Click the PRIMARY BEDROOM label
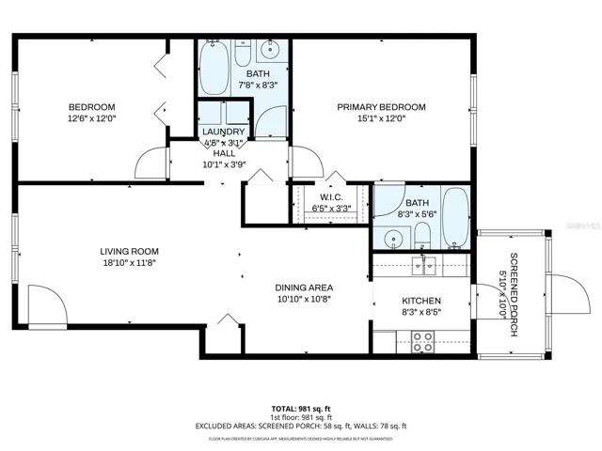(x=381, y=107)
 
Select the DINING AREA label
(x=304, y=288)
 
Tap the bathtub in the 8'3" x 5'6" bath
(x=455, y=219)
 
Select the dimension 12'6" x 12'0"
(x=91, y=119)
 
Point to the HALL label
(x=224, y=154)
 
